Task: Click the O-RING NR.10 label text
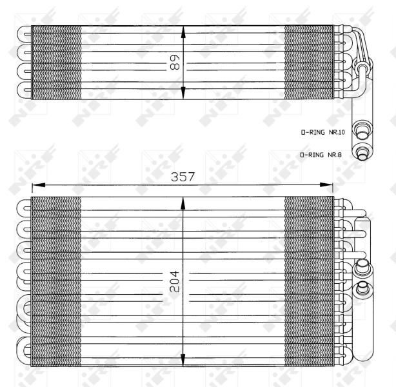[x=323, y=132]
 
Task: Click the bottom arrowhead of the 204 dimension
[x=184, y=359]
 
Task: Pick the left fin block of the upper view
[x=56, y=62]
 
